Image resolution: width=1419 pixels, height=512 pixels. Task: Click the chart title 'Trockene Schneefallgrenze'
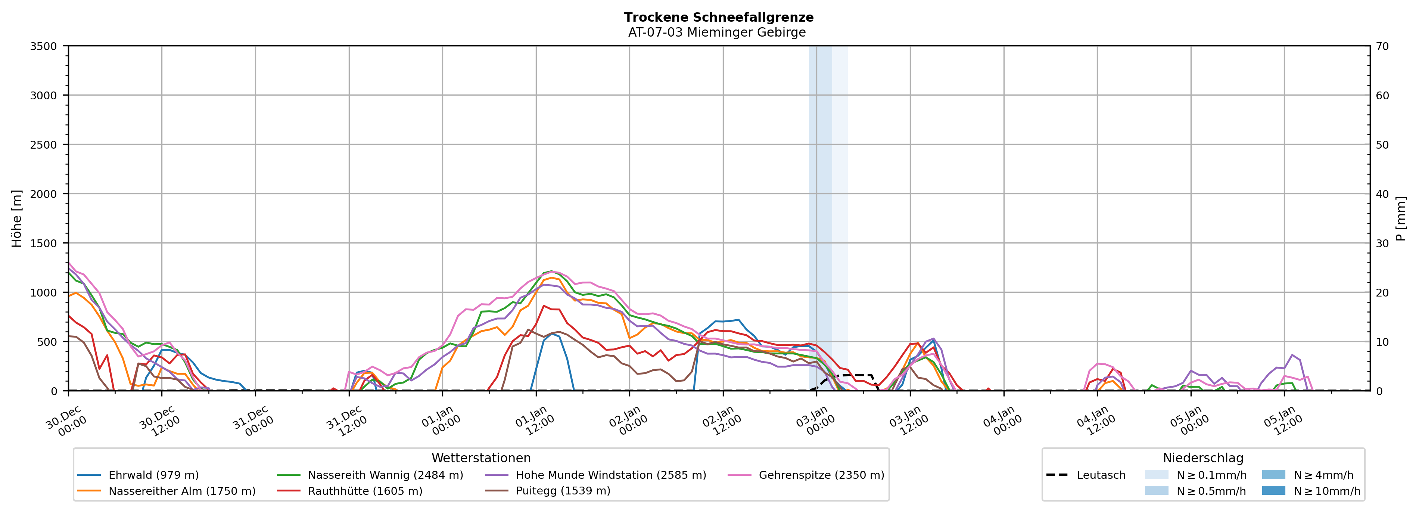pos(718,17)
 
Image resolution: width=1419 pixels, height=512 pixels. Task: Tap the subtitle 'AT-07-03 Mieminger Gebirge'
pos(717,32)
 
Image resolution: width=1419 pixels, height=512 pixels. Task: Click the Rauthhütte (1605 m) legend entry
pos(365,491)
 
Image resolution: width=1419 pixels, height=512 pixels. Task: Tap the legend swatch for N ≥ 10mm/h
pos(1273,490)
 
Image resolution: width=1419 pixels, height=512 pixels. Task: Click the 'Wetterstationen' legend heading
pos(481,458)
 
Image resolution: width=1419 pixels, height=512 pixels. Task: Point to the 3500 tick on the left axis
pos(44,46)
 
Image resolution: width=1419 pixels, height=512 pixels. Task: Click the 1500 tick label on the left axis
pos(44,243)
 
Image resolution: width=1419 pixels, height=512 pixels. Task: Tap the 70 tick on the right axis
pos(1382,46)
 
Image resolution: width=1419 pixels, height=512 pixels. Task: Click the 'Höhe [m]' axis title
pos(17,219)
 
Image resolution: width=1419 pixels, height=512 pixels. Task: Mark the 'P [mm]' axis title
pos(1401,219)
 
